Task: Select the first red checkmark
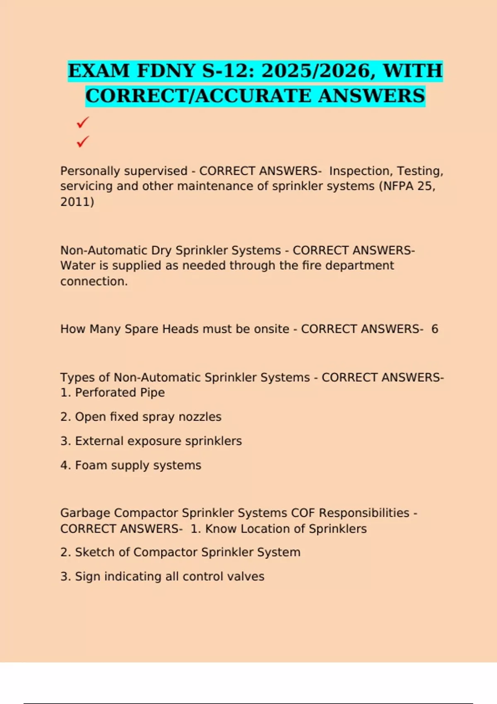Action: pyautogui.click(x=83, y=122)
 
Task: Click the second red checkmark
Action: pyautogui.click(x=83, y=142)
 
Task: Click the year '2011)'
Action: pyautogui.click(x=77, y=202)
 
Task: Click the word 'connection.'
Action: pyautogui.click(x=94, y=282)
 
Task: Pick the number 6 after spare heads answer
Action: pyautogui.click(x=434, y=329)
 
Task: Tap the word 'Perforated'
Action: pyautogui.click(x=105, y=393)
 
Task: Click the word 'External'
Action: pyautogui.click(x=99, y=441)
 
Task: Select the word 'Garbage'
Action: pyautogui.click(x=85, y=513)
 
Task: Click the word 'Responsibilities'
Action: pyautogui.click(x=364, y=513)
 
